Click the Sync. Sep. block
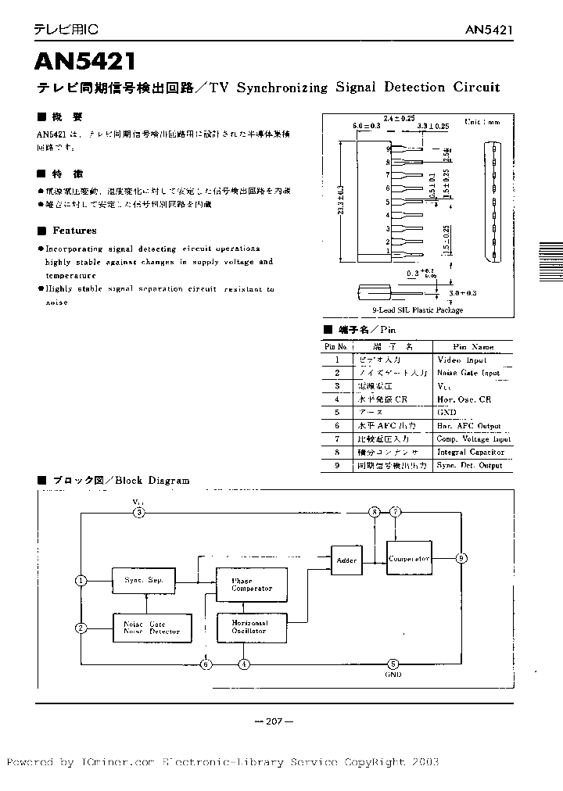pyautogui.click(x=143, y=580)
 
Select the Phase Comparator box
pyautogui.click(x=252, y=585)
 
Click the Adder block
pyautogui.click(x=346, y=560)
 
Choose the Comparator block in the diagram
pyautogui.click(x=409, y=559)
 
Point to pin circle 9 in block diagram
pyautogui.click(x=462, y=558)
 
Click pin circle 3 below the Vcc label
pyautogui.click(x=138, y=512)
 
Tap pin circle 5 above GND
pyautogui.click(x=393, y=664)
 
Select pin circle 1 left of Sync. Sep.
pyautogui.click(x=81, y=580)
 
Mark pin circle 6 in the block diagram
pyautogui.click(x=206, y=664)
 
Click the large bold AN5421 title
pyautogui.click(x=86, y=63)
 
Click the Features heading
pyautogui.click(x=74, y=231)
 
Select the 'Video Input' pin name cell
pyautogui.click(x=461, y=360)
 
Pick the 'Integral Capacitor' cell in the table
pyautogui.click(x=471, y=452)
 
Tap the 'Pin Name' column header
pyautogui.click(x=473, y=346)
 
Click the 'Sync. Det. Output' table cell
pyautogui.click(x=470, y=465)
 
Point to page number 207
pyautogui.click(x=273, y=721)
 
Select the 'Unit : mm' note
pyautogui.click(x=482, y=122)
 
